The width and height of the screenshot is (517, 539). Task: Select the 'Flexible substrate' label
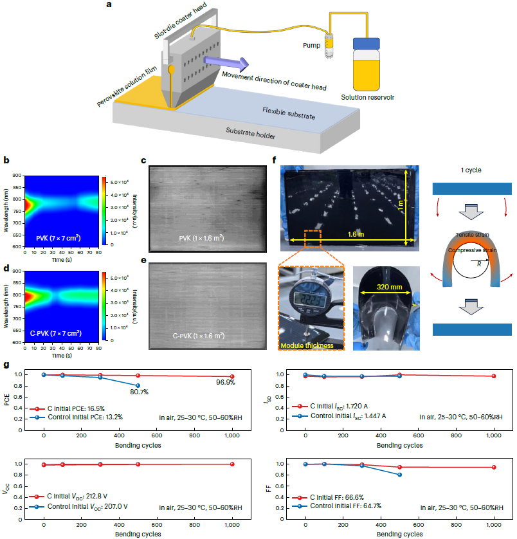coord(289,114)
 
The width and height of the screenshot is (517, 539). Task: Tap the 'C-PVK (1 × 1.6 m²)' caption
coord(200,336)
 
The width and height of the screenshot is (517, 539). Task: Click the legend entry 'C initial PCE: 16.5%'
coord(68,408)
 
